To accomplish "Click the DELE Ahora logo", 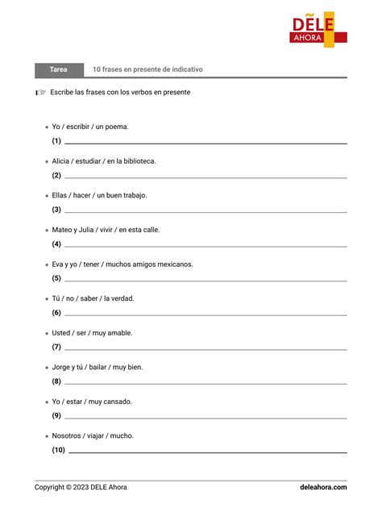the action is (318, 28).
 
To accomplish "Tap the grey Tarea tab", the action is (58, 70).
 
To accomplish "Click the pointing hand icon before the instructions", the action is (41, 93).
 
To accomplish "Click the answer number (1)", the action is (56, 141).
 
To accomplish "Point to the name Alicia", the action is (62, 161).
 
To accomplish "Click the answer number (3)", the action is (56, 210).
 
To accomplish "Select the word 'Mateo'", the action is (63, 230).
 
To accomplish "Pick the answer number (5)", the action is (56, 278).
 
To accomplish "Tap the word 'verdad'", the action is (122, 298).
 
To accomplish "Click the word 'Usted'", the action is (61, 333).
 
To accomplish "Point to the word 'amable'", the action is (119, 333).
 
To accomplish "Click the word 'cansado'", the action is (118, 402).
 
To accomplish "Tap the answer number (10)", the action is (58, 450).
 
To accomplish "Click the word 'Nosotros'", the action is (67, 435).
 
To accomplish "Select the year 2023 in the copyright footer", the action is (80, 487).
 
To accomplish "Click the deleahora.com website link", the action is (323, 487).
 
